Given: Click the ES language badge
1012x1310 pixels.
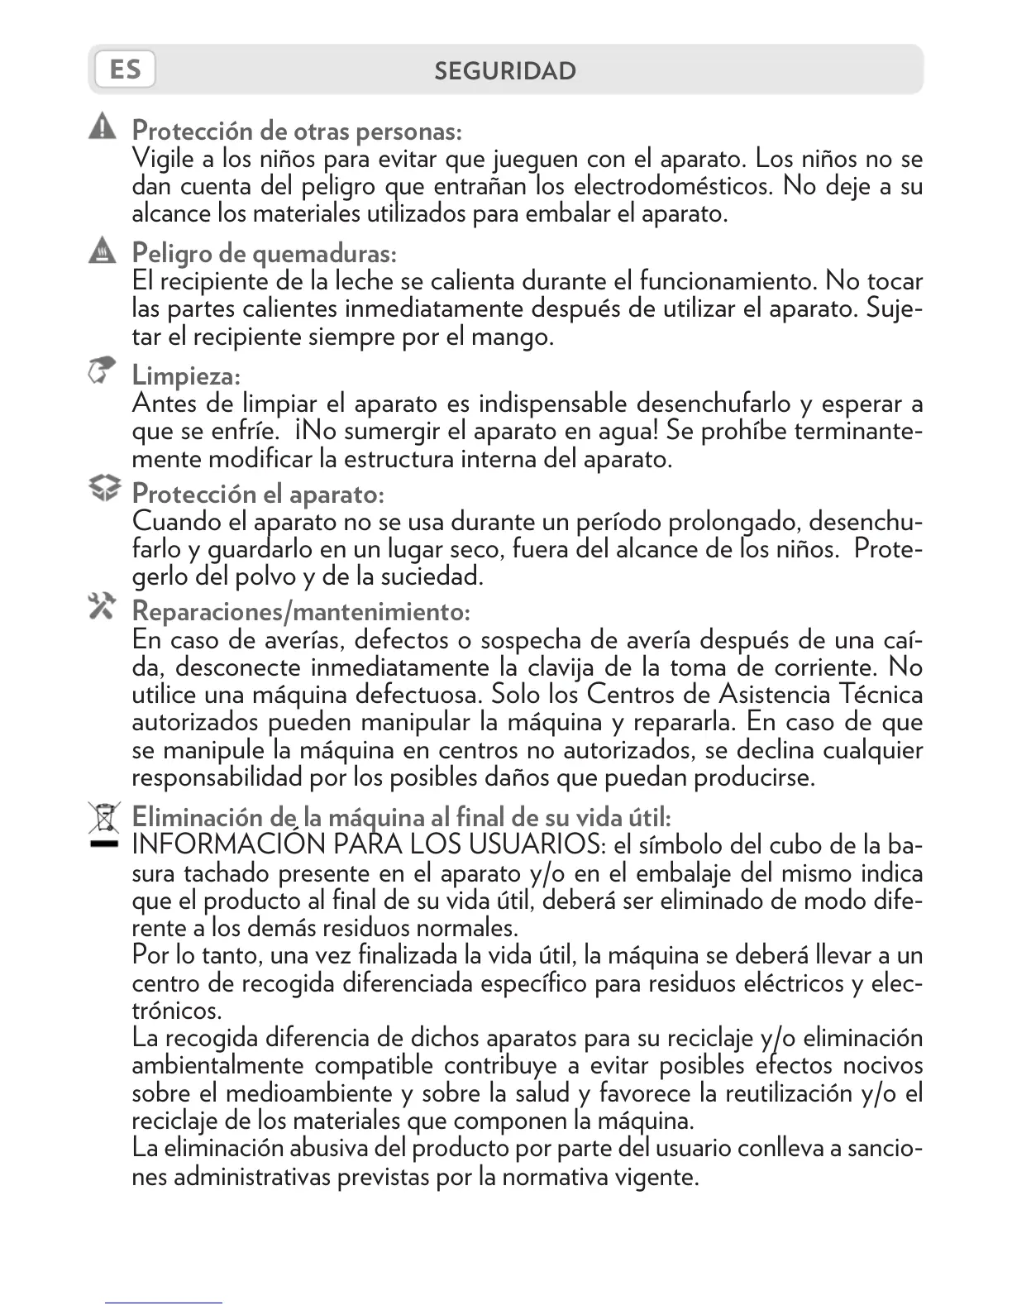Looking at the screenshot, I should click(125, 69).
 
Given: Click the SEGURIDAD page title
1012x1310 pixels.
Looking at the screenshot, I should click(505, 71).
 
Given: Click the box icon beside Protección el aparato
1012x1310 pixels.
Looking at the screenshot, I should click(104, 489).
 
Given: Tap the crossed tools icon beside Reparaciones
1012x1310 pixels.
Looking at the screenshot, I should click(103, 606).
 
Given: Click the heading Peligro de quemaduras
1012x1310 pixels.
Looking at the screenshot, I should click(265, 252).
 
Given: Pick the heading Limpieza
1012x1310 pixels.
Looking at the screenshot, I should click(186, 376).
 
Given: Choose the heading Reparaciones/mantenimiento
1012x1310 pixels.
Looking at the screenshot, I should click(301, 612).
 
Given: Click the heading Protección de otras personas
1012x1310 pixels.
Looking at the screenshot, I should click(297, 131).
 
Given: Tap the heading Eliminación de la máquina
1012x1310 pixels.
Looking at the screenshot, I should click(401, 817).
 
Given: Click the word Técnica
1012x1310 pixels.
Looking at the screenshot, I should click(881, 694).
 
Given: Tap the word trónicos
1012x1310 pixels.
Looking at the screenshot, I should click(176, 1011).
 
